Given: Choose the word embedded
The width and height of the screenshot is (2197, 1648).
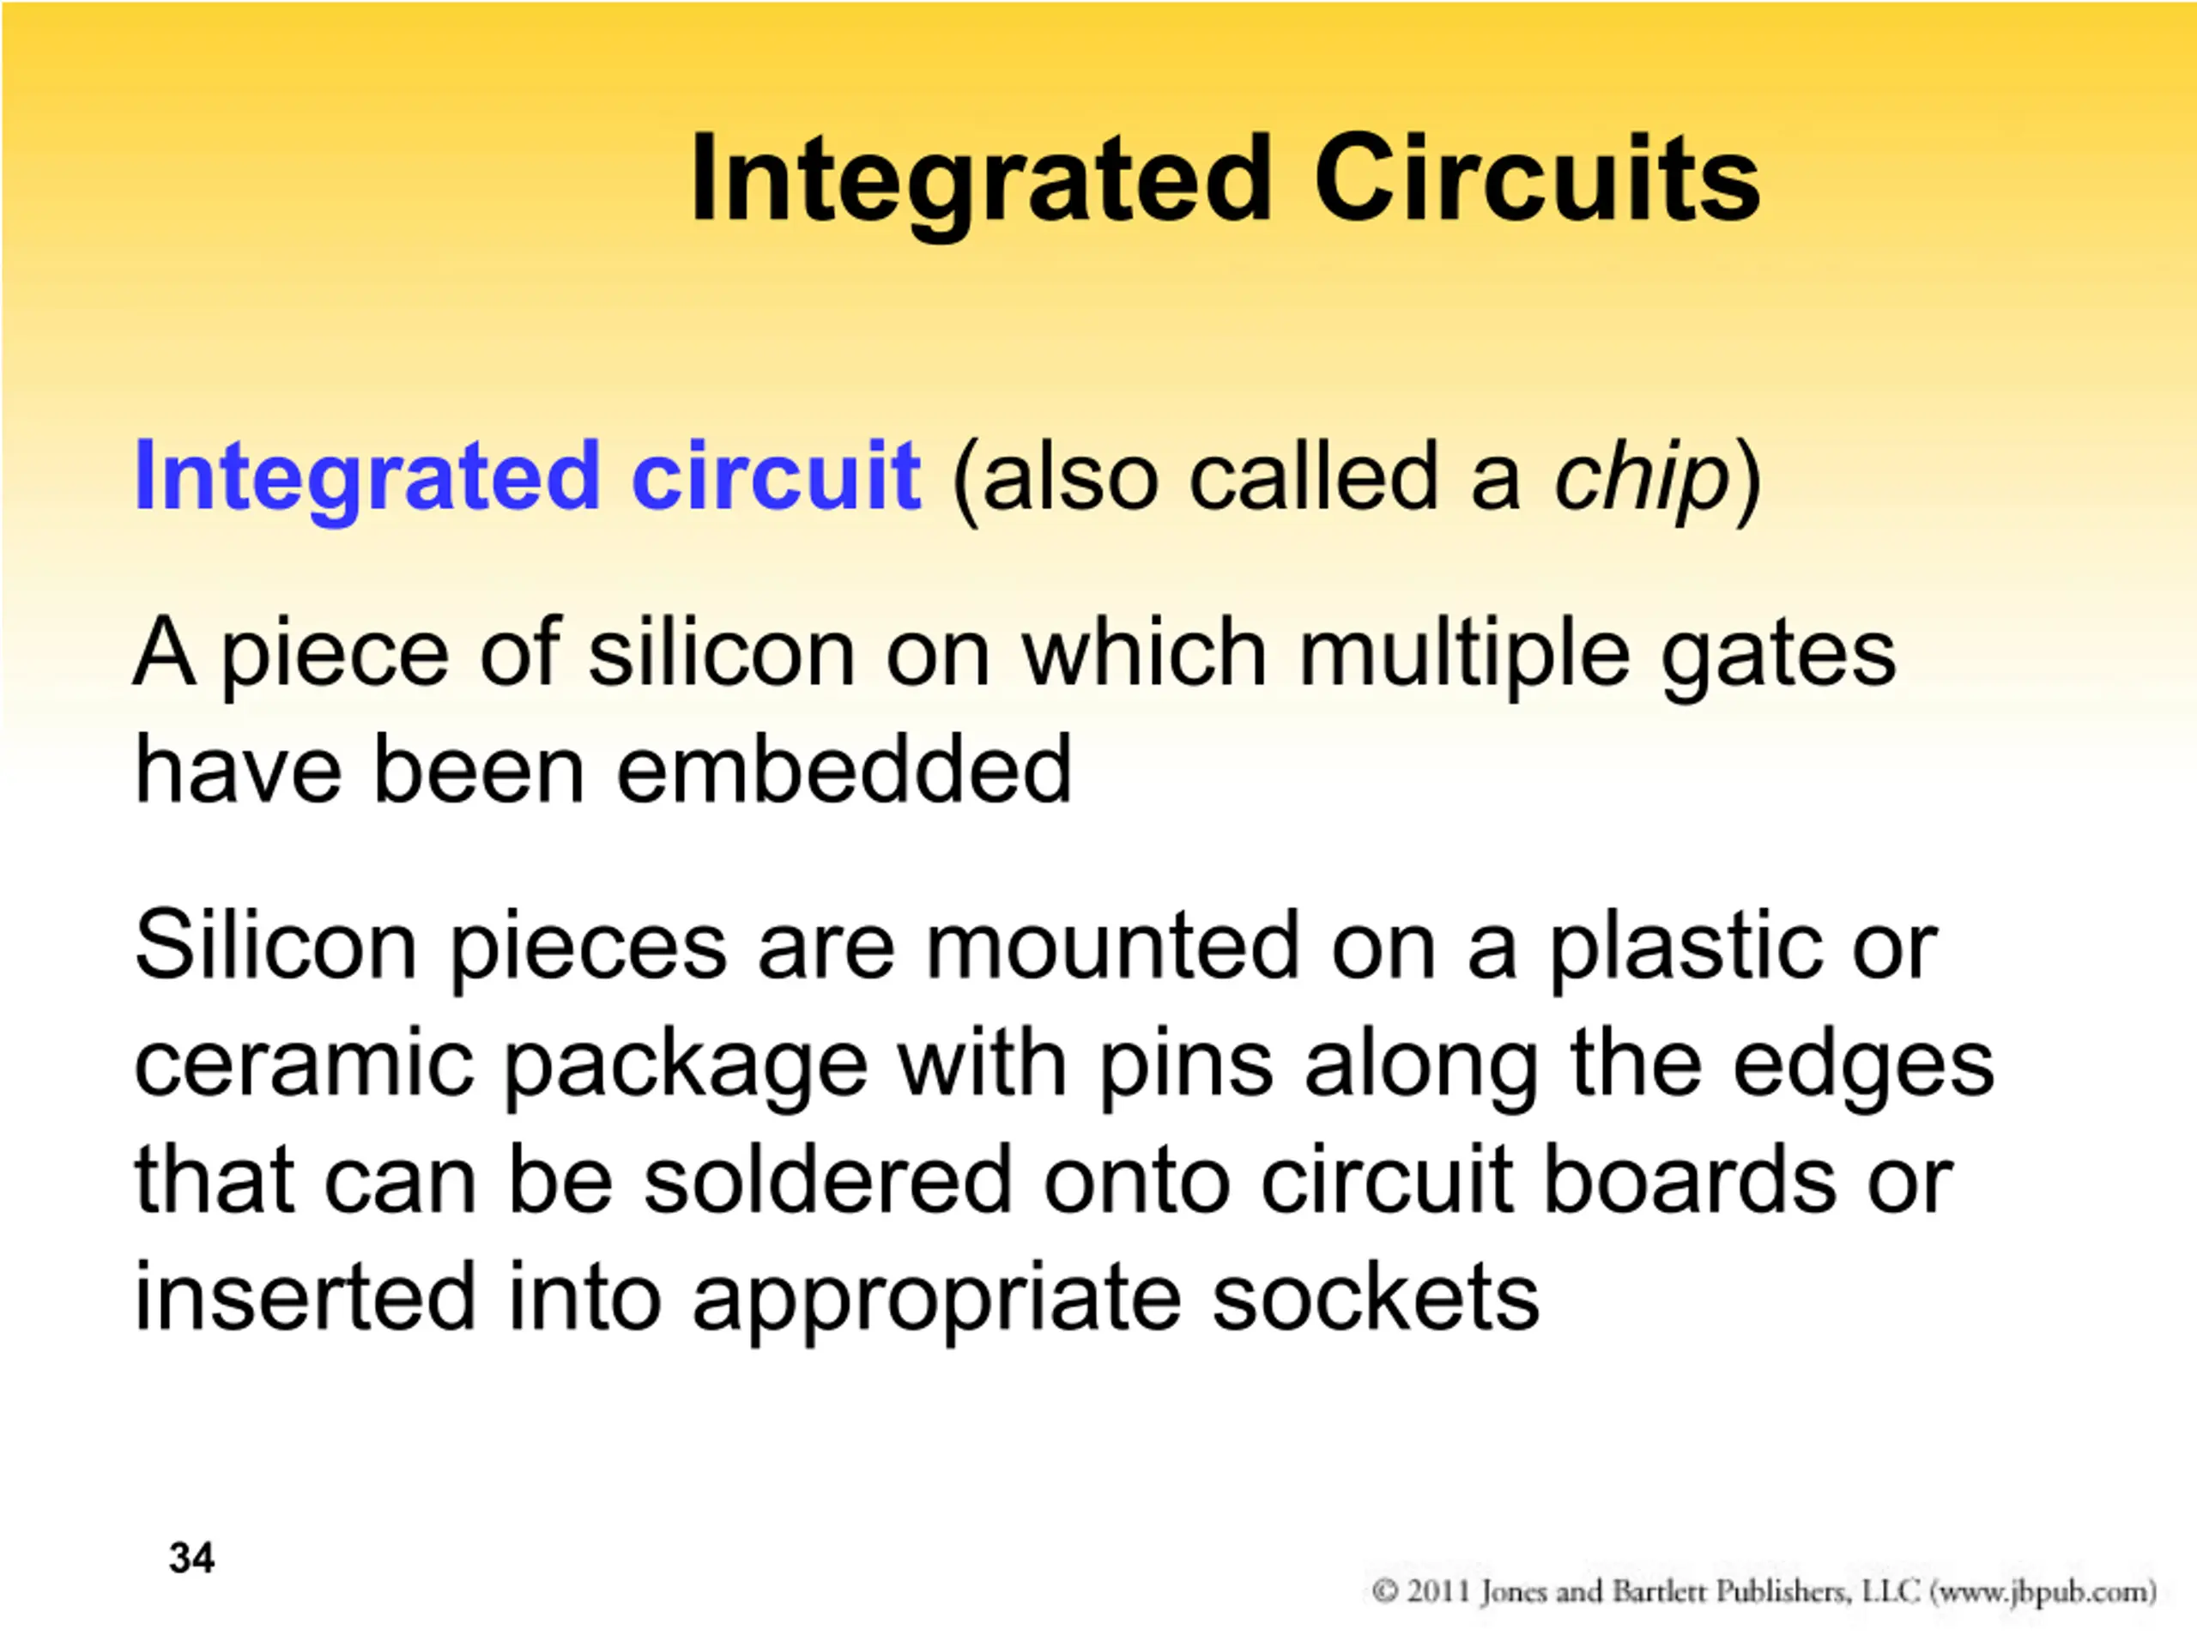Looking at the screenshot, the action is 844,769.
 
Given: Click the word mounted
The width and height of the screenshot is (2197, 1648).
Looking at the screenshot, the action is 1112,946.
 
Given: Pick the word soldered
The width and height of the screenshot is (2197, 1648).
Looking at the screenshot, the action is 827,1179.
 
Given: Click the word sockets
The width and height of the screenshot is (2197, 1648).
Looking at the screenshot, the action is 1376,1296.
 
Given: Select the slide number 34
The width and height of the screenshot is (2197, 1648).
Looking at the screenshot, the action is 191,1558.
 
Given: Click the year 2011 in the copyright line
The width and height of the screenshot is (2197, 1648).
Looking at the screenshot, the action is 1438,1591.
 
